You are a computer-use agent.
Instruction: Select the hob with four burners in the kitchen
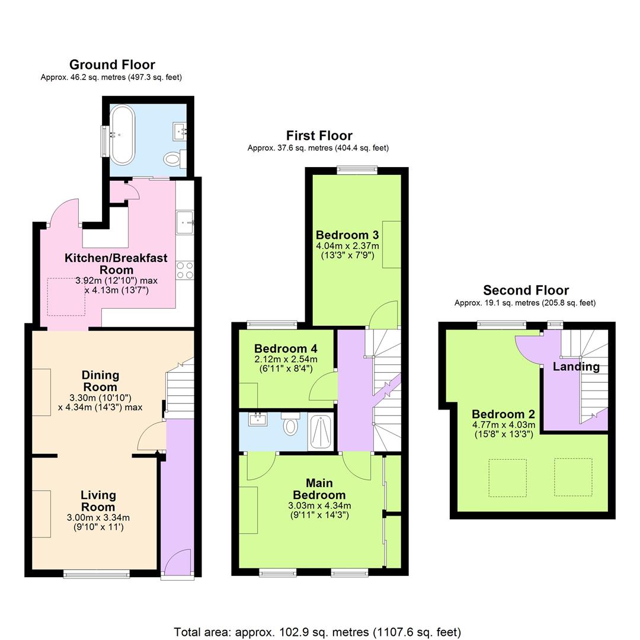(185, 270)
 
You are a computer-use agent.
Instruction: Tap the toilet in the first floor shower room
(290, 425)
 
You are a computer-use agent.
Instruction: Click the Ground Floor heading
(112, 65)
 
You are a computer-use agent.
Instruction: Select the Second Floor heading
(525, 290)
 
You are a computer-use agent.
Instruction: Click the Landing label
(576, 367)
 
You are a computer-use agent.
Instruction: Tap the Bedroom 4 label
(286, 348)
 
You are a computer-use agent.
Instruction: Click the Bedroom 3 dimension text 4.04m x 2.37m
(347, 245)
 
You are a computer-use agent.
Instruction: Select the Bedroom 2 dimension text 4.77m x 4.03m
(504, 424)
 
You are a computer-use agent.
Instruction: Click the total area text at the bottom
(317, 632)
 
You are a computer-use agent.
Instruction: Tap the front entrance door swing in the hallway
(178, 562)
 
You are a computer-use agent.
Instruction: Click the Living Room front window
(97, 573)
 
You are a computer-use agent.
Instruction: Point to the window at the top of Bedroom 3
(357, 170)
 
